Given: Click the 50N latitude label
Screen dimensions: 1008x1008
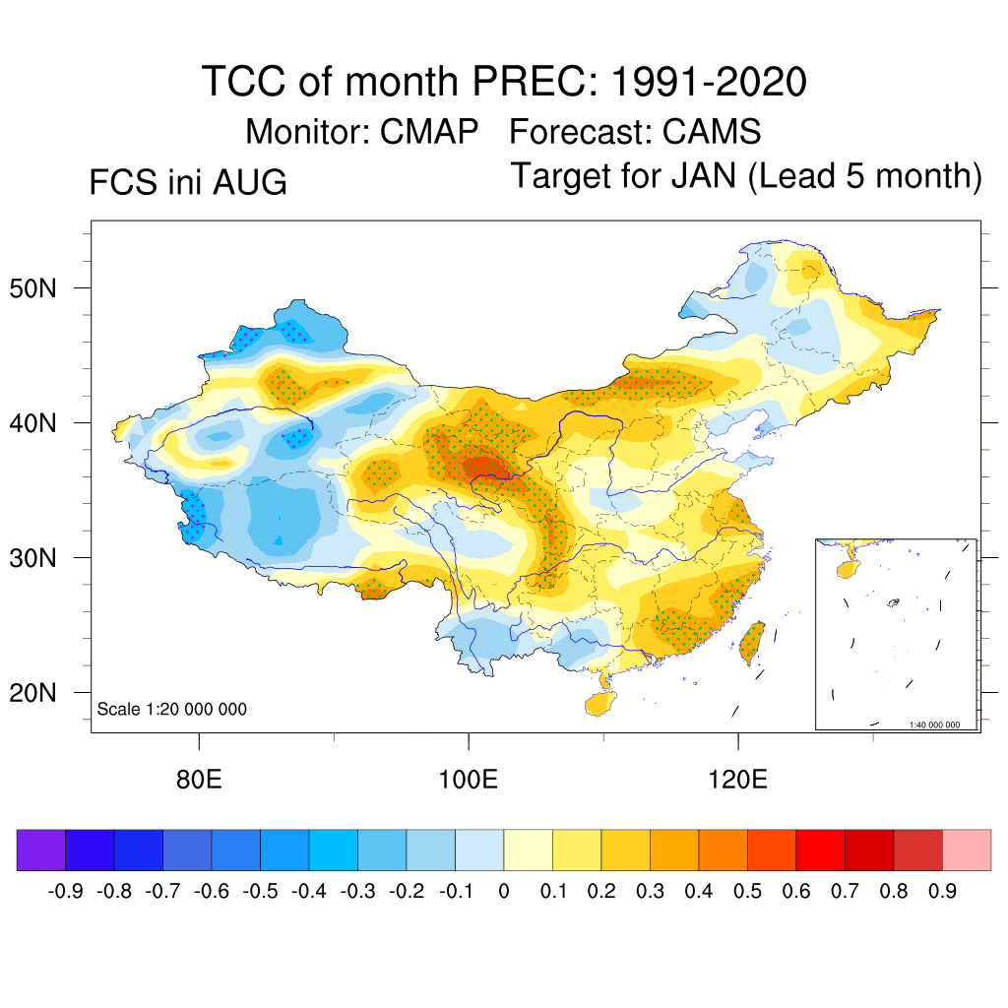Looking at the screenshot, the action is click(32, 288).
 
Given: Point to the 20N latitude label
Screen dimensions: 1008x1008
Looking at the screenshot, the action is click(32, 693).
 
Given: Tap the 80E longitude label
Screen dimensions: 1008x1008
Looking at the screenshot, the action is click(199, 780).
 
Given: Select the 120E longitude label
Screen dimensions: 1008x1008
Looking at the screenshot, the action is click(738, 780).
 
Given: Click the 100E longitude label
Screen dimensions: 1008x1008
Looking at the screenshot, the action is click(468, 780).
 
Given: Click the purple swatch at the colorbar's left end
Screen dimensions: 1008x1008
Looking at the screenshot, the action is click(41, 850).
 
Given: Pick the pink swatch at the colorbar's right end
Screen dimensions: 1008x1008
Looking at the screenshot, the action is click(967, 850).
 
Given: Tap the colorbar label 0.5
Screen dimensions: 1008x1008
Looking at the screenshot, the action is click(747, 891).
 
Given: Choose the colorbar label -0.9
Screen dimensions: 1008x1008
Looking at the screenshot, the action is click(65, 891).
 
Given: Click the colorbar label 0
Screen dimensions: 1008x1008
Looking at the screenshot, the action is click(504, 891).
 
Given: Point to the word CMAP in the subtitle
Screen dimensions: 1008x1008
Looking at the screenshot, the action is click(429, 132).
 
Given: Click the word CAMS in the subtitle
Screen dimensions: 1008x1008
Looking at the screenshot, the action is click(712, 132).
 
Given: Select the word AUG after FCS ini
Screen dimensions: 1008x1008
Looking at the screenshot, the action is click(250, 182).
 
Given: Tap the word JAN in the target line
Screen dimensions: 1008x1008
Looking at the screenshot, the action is click(704, 175).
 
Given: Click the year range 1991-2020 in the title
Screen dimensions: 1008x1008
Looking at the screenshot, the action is click(709, 82).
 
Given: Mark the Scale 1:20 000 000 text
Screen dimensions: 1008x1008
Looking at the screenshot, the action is click(171, 709).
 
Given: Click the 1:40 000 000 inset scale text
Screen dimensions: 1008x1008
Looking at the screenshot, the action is click(934, 724).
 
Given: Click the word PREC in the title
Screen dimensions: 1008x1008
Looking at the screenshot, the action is click(530, 82).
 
